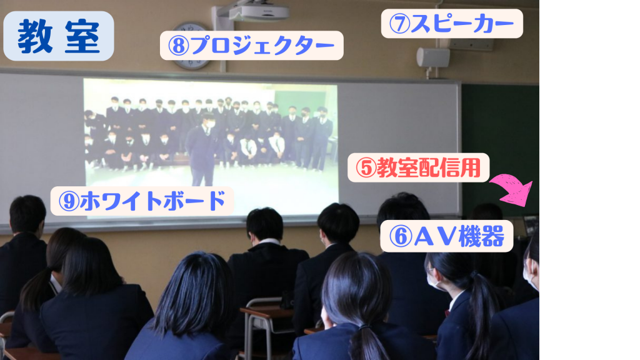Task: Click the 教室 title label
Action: [58, 36]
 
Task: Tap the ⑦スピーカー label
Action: [452, 24]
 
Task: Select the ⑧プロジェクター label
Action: [251, 45]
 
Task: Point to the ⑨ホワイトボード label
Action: [142, 201]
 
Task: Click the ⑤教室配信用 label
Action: [418, 167]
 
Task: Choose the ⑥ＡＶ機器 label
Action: [446, 236]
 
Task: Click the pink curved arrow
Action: [512, 190]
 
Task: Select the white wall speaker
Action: [433, 57]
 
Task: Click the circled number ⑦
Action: [399, 24]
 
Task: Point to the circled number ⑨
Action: [69, 201]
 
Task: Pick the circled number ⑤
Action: [366, 167]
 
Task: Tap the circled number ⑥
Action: [401, 236]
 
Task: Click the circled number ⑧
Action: [178, 46]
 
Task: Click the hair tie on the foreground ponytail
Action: [364, 327]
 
